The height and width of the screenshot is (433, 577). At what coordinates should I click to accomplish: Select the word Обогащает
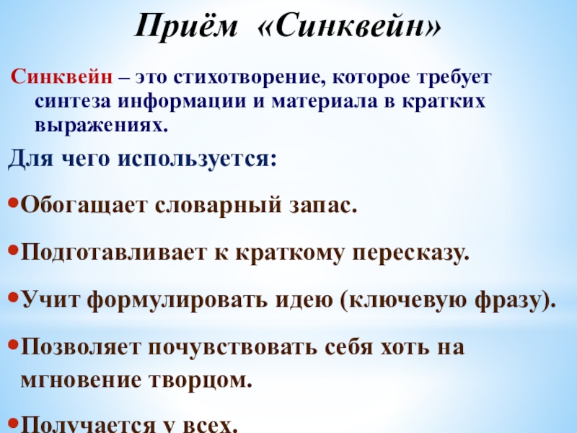tap(82, 208)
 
